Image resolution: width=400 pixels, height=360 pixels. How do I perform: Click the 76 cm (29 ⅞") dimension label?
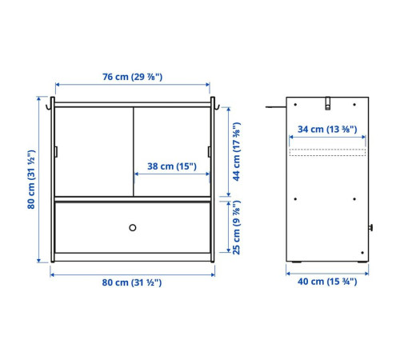[133, 77]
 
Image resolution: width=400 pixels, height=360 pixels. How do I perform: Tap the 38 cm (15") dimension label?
[172, 166]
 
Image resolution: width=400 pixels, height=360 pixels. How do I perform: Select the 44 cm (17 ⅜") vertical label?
[236, 152]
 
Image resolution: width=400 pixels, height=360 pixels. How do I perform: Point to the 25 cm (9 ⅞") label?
[236, 227]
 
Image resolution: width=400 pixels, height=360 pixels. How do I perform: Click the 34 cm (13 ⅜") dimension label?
[327, 130]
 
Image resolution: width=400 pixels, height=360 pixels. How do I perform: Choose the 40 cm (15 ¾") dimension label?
[327, 282]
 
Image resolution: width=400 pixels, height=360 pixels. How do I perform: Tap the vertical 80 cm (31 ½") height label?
[31, 179]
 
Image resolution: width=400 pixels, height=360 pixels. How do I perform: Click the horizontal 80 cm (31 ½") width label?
[132, 282]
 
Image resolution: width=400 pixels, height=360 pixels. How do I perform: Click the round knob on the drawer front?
[133, 228]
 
